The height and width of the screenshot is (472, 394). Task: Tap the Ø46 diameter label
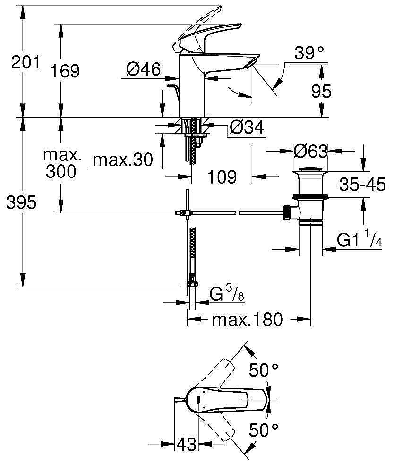click(x=144, y=70)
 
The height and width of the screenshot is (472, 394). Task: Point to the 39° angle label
click(x=310, y=53)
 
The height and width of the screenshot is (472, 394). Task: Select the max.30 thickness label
click(x=123, y=160)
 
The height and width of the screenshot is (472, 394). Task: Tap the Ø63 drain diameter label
click(x=310, y=152)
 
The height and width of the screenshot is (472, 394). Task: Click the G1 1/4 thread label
click(x=359, y=240)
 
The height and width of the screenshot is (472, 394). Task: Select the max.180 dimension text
click(x=247, y=320)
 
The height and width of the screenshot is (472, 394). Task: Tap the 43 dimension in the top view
click(x=186, y=444)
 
